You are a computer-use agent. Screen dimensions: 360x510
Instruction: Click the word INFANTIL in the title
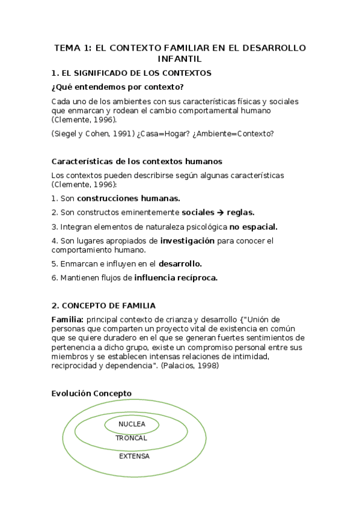[x=179, y=59]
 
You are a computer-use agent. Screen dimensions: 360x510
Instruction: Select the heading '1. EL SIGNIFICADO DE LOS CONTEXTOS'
[x=132, y=73]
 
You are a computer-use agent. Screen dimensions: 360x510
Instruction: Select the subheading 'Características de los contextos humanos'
[x=137, y=162]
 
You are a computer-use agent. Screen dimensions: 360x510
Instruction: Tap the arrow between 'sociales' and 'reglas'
[x=220, y=212]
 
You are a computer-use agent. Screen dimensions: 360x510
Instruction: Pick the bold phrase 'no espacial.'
[x=254, y=227]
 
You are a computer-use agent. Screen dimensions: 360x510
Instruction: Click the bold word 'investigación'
[x=187, y=241]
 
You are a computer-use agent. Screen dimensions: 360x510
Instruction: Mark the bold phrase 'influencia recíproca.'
[x=175, y=278]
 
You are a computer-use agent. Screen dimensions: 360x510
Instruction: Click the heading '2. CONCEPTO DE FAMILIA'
[x=103, y=306]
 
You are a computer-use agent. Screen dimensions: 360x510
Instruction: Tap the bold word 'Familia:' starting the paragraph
[x=68, y=319]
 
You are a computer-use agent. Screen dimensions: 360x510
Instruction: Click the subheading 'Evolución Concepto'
[x=91, y=393]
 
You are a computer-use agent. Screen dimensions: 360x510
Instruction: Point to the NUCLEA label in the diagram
[x=132, y=425]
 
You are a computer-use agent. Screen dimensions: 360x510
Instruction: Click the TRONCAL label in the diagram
[x=131, y=438]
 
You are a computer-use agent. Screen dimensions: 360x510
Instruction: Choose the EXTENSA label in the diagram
[x=134, y=456]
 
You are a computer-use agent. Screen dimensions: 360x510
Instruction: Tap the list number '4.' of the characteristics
[x=55, y=241]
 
